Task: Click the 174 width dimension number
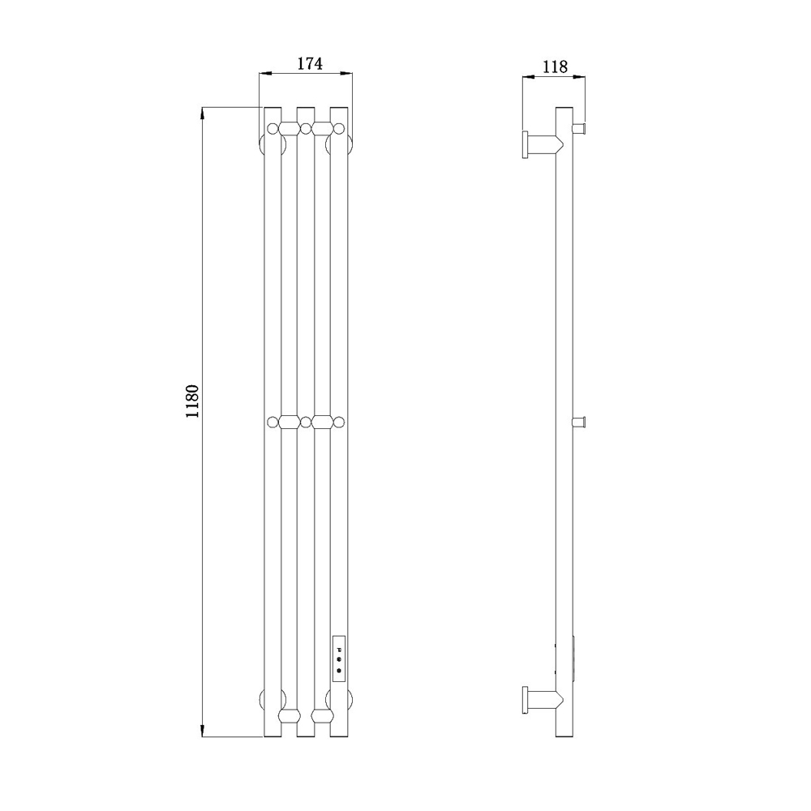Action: click(x=310, y=63)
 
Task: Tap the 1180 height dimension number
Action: click(x=192, y=402)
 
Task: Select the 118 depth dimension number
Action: click(x=555, y=67)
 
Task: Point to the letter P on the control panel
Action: click(x=339, y=649)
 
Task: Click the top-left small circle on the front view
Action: click(x=272, y=128)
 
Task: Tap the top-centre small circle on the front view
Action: click(x=306, y=128)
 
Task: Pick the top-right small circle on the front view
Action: click(x=339, y=128)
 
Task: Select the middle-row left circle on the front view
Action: click(x=272, y=422)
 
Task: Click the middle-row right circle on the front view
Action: click(x=339, y=422)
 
